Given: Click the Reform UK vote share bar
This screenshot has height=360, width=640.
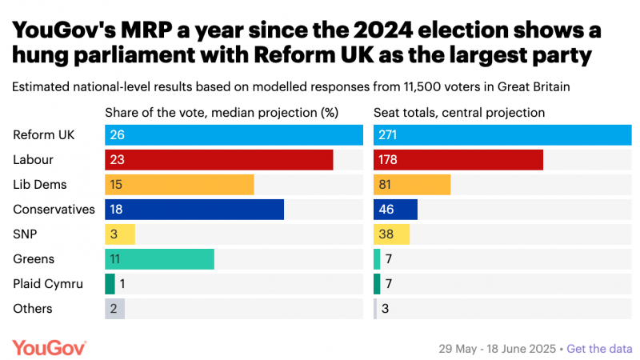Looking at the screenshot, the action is tap(234, 134).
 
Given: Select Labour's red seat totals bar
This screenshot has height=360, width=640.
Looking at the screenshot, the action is tap(458, 159).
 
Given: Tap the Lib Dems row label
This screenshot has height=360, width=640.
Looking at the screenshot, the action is tap(39, 185).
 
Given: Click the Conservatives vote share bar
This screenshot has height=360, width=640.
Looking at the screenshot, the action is tap(194, 210).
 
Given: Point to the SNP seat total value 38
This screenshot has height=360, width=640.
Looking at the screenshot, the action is tap(386, 234).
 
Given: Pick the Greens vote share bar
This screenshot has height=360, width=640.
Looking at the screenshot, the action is tap(159, 259).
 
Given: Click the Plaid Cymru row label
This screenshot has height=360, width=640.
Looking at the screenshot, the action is tap(48, 284).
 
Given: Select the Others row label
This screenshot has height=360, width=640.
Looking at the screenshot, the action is tap(33, 309).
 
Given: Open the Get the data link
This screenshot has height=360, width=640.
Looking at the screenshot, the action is tap(599, 349).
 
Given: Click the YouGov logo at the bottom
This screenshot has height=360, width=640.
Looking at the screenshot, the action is tap(50, 348).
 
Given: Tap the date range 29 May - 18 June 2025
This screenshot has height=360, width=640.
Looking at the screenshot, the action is tap(497, 349).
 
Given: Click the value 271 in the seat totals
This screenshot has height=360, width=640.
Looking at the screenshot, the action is tap(387, 134).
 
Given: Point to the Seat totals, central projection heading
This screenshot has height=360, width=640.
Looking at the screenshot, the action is tap(459, 113).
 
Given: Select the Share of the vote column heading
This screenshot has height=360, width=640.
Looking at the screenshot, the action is tap(222, 113).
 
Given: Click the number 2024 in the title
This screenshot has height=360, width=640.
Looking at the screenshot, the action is tap(383, 30).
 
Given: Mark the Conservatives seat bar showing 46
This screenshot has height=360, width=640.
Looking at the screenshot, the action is tap(395, 210).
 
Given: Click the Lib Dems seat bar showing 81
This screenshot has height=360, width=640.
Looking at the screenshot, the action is tap(412, 185).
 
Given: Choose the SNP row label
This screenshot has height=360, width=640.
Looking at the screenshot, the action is tap(25, 234).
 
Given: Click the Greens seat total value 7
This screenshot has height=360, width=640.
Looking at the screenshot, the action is tap(389, 259).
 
